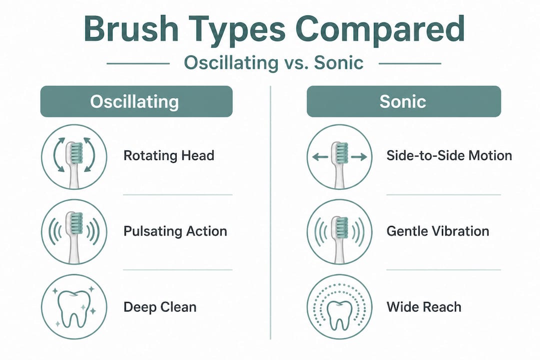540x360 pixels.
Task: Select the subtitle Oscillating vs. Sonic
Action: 273,63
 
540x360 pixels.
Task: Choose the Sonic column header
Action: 403,101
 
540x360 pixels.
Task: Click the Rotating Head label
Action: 168,155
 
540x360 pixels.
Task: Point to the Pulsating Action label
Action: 175,231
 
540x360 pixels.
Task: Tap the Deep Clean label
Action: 160,306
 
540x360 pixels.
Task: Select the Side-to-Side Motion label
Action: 449,155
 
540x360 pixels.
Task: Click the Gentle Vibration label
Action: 437,231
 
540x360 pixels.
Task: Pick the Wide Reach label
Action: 424,306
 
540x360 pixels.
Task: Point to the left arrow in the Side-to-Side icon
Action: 319,157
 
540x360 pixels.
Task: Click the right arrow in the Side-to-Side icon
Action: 359,157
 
